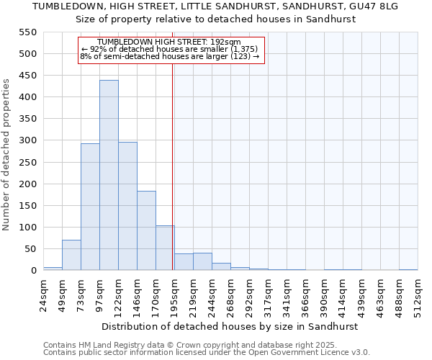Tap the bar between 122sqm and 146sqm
click(127, 206)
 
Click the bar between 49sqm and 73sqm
click(71, 255)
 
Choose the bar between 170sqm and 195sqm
click(165, 248)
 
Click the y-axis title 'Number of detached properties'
click(7, 155)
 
